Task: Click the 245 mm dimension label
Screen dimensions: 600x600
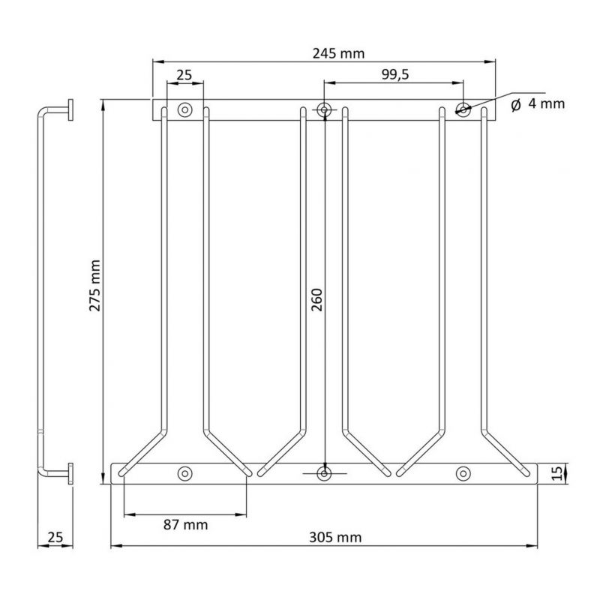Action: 338,53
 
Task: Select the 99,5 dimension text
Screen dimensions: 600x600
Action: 395,74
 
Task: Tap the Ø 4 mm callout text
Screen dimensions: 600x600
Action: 538,103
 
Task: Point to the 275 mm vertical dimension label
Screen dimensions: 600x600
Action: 94,285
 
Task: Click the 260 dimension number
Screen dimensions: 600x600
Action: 316,300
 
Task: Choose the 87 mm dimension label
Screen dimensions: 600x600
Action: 185,524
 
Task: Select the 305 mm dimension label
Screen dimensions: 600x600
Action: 335,538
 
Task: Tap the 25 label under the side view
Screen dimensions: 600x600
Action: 55,537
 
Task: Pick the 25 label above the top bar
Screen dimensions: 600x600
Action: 184,74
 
